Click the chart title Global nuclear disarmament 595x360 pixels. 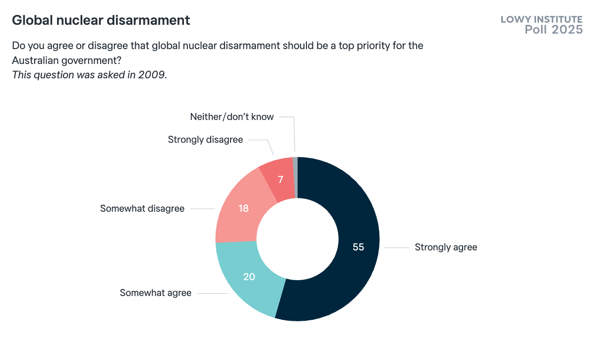(x=101, y=20)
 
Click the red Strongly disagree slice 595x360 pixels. (x=278, y=174)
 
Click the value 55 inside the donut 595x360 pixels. (x=358, y=247)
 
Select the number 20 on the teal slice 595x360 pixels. (x=249, y=277)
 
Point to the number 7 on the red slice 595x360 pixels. (x=281, y=180)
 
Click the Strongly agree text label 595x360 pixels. (x=446, y=247)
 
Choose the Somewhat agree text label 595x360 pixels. (x=155, y=293)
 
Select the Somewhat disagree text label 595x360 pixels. (x=142, y=209)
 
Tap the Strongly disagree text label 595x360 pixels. (x=205, y=140)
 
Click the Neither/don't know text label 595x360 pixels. (x=232, y=117)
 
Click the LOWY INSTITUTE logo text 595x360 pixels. (x=541, y=20)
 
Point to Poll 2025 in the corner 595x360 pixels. (x=553, y=30)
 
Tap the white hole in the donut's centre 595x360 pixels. (x=297, y=239)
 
